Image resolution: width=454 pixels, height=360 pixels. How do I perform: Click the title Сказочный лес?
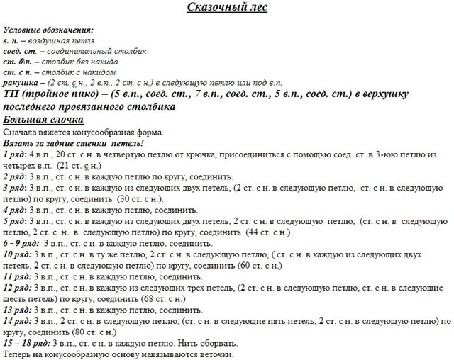coord(227,8)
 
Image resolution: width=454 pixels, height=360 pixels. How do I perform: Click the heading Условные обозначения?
coord(48,31)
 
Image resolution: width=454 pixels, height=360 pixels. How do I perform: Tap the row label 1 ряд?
coord(15,154)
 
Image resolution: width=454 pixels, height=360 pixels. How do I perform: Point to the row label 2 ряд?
coord(15,176)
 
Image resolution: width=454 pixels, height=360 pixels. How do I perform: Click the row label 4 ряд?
coord(15,210)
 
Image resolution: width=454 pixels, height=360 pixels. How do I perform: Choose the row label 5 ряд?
coord(15,222)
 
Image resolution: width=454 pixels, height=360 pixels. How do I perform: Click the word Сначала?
coord(20,133)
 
